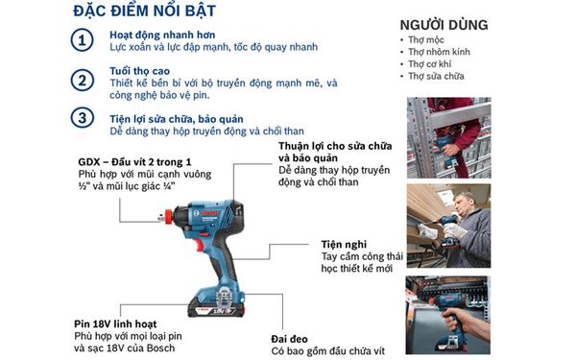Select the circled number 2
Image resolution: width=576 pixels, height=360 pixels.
pyautogui.click(x=85, y=82)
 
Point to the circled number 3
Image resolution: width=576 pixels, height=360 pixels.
pyautogui.click(x=85, y=118)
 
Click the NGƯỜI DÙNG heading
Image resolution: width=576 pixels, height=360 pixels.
pyautogui.click(x=443, y=24)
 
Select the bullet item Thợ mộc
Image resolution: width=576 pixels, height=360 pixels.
pyautogui.click(x=427, y=40)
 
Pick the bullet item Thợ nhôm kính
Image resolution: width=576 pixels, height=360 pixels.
pyautogui.click(x=438, y=52)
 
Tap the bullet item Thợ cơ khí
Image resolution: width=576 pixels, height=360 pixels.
pyautogui.click(x=431, y=64)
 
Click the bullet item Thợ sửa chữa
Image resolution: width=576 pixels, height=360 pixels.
pyautogui.click(x=436, y=76)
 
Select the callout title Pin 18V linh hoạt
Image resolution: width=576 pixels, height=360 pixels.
pyautogui.click(x=124, y=323)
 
